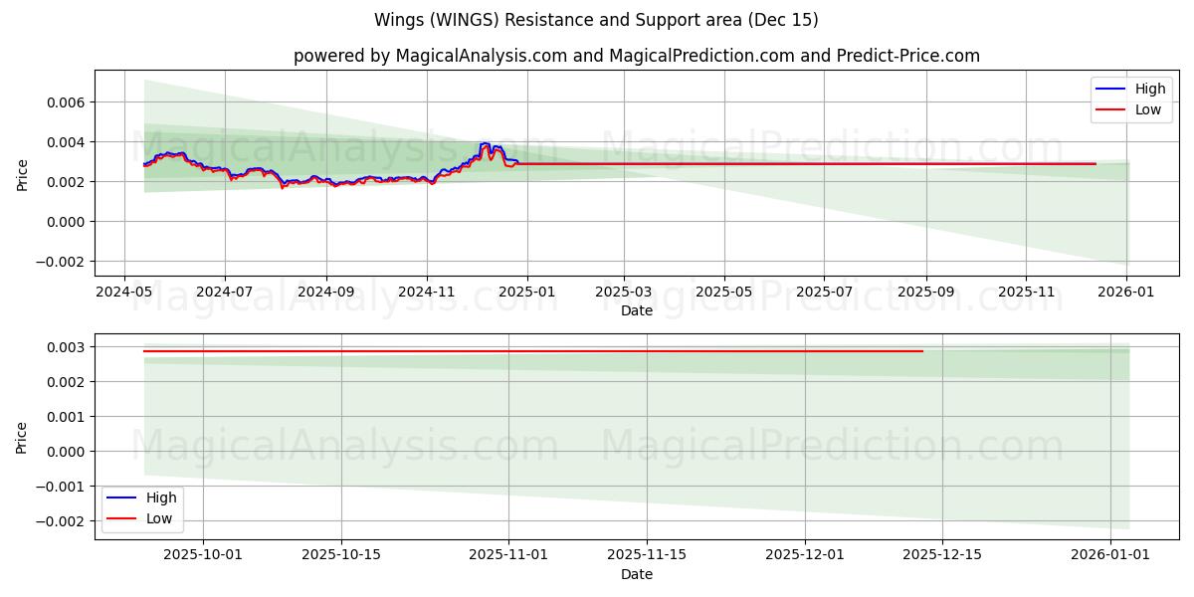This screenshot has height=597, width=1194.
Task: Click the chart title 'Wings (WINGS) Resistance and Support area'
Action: [x=596, y=20]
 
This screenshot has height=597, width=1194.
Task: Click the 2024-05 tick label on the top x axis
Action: [x=123, y=293]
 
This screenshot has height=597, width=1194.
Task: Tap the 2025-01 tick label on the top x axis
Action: [x=526, y=293]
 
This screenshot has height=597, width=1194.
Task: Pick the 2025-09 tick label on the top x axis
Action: [x=926, y=293]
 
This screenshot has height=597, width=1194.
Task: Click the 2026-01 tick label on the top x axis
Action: [x=1126, y=293]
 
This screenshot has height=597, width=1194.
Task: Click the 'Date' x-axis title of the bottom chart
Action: [x=636, y=574]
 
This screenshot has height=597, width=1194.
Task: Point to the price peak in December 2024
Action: [x=485, y=143]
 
